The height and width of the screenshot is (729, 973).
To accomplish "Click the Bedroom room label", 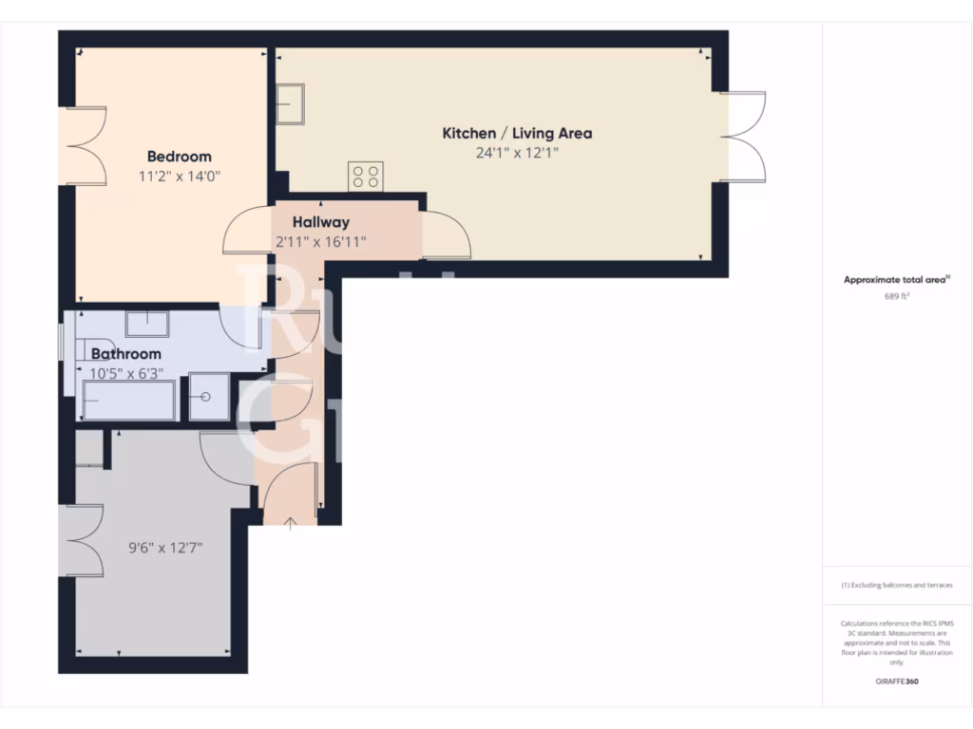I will tap(179, 157).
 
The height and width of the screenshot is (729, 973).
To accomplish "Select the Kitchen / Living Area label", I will tap(517, 134).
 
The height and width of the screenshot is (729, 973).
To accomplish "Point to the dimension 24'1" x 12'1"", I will tap(517, 153).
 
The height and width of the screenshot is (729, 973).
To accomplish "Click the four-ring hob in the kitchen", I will tap(366, 176).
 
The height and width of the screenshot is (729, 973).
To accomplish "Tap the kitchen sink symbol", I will tap(290, 103).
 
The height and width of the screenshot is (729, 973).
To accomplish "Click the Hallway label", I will tap(320, 222).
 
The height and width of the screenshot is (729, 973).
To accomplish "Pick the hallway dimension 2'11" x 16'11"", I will tap(320, 242).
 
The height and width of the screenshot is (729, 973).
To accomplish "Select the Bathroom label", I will tap(126, 354).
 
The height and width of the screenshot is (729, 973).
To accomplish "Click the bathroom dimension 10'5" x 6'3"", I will tap(126, 373).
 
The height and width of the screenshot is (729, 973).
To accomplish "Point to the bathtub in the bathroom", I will tap(129, 401).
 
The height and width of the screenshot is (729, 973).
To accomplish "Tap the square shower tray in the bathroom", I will tap(208, 396).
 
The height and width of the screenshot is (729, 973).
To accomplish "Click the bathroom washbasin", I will tap(147, 325).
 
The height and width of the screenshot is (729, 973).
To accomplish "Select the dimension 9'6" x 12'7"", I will tap(165, 548).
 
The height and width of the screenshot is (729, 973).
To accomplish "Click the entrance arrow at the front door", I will tap(290, 523).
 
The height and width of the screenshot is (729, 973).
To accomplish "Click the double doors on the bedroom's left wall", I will tap(84, 145).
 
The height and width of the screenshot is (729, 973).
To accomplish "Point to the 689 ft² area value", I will tap(897, 295).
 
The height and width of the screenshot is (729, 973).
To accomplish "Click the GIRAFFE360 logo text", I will tap(897, 682).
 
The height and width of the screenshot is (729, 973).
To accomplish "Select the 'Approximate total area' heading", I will tap(897, 280).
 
